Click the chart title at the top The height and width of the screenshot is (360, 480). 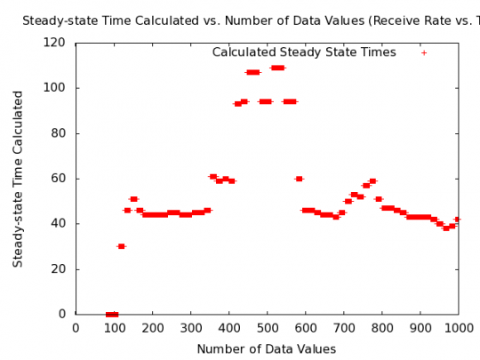[x=249, y=20]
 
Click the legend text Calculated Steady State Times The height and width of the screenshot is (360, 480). [x=303, y=52]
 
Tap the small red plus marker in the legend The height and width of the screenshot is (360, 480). [x=424, y=52]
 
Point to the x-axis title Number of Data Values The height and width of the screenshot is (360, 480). [x=267, y=349]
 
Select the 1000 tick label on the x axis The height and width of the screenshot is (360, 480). [x=458, y=329]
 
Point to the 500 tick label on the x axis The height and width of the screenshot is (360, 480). [x=267, y=329]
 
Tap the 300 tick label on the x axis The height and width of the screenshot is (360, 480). [x=190, y=329]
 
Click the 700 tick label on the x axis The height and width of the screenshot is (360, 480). [x=343, y=329]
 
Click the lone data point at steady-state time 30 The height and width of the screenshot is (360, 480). [x=121, y=246]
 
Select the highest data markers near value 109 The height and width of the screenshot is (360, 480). [x=277, y=68]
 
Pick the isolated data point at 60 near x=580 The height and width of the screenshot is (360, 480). [x=299, y=179]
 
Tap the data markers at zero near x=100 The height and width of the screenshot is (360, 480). [x=112, y=314]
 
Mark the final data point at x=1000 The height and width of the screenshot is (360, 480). [x=458, y=219]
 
